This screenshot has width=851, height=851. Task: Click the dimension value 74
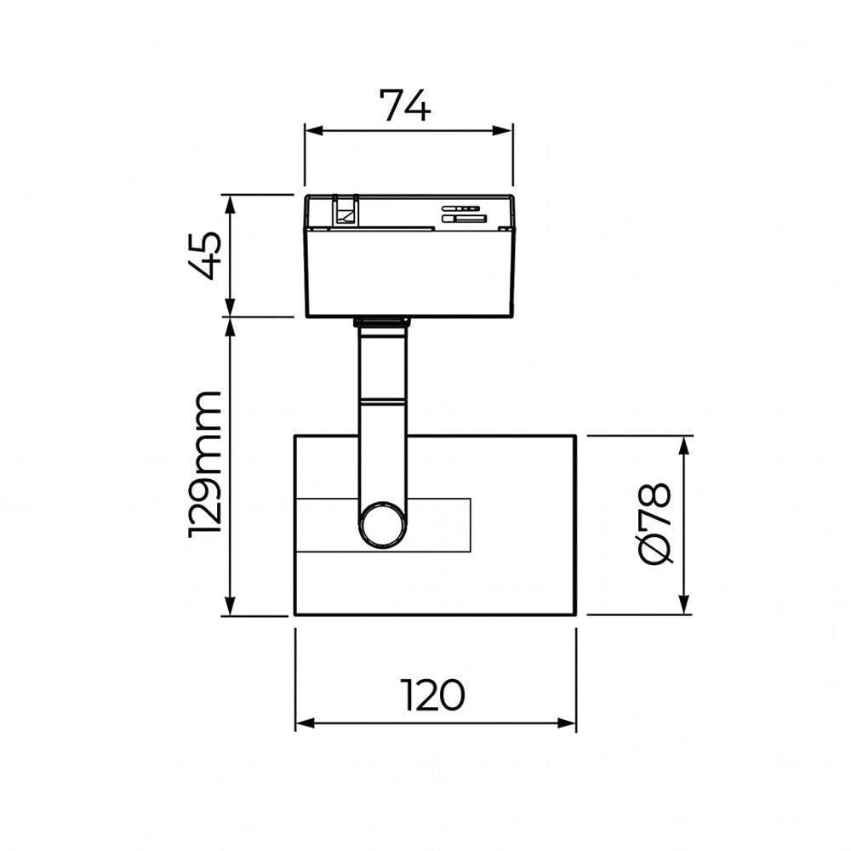pyautogui.click(x=405, y=106)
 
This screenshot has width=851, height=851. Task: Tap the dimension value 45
pyautogui.click(x=205, y=255)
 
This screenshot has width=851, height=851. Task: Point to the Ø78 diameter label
pyautogui.click(x=656, y=523)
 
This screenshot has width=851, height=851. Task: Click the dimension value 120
pyautogui.click(x=432, y=695)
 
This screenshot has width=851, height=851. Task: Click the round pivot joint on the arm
pyautogui.click(x=383, y=525)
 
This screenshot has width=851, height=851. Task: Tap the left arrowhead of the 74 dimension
pyautogui.click(x=314, y=131)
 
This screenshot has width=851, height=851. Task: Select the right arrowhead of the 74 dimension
pyautogui.click(x=502, y=131)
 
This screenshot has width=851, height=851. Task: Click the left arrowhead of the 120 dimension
pyautogui.click(x=305, y=723)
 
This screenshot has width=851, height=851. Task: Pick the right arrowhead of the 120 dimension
pyautogui.click(x=567, y=723)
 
